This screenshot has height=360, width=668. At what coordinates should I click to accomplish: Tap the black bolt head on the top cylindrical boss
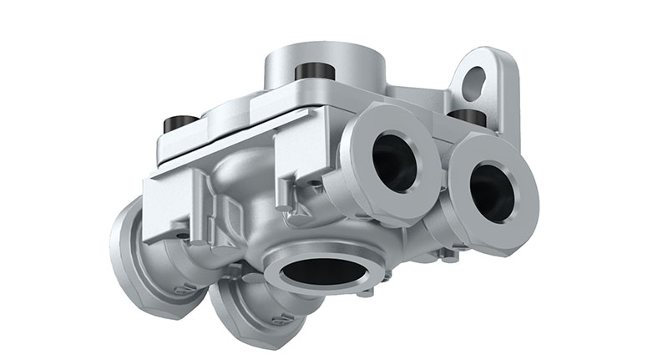pos(311,73)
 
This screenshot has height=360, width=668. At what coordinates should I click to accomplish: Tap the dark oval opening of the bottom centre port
pos(319,269)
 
